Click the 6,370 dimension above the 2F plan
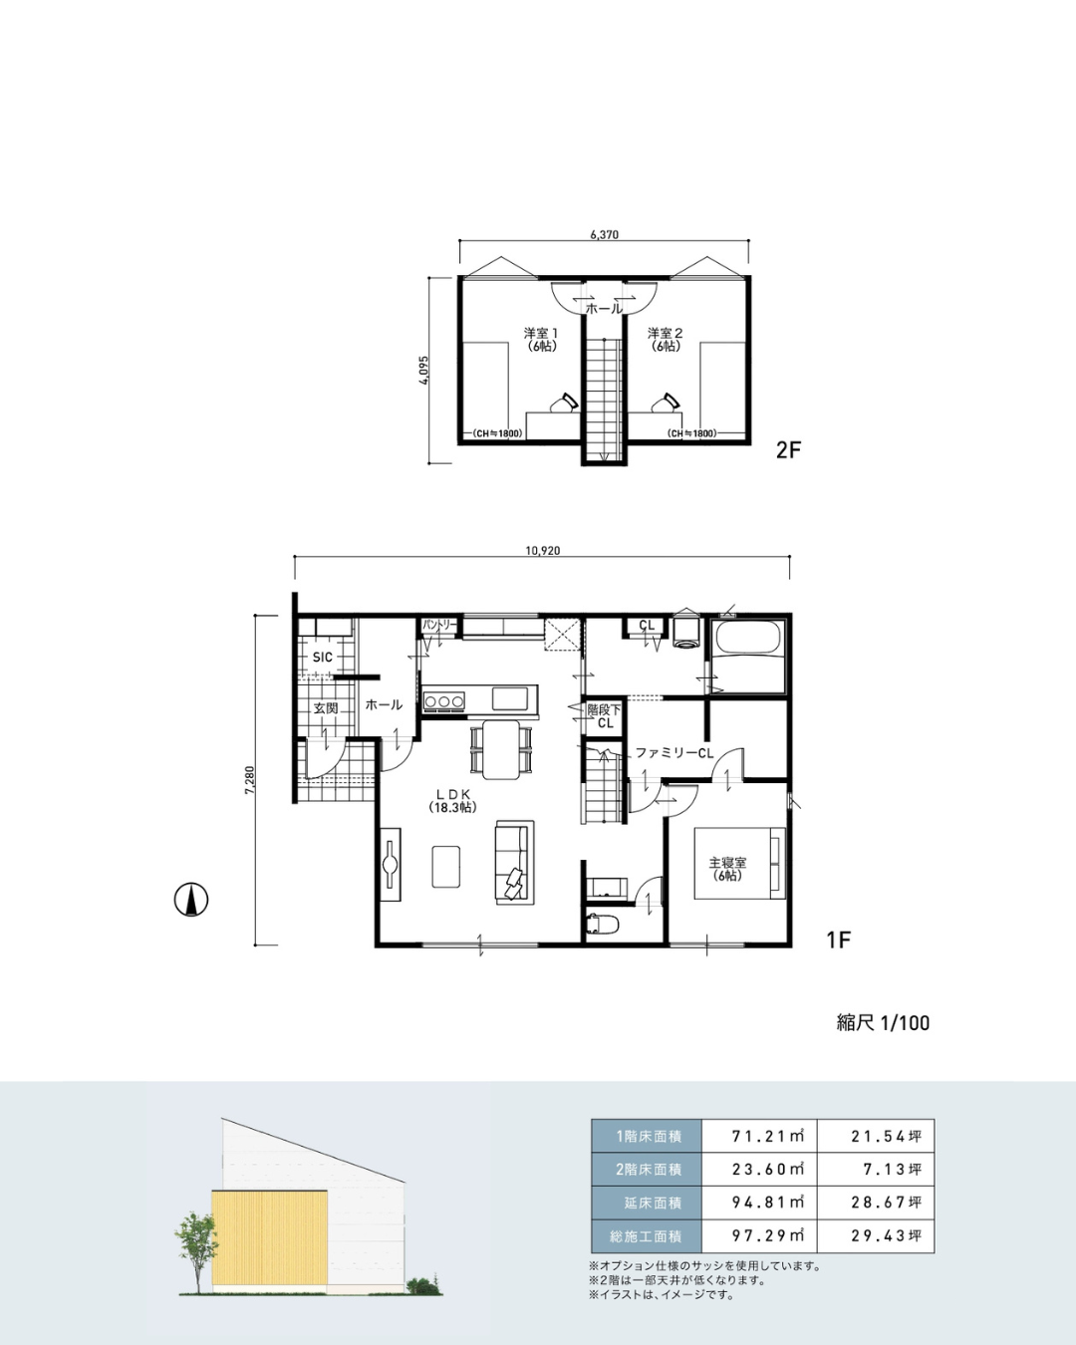[x=604, y=235]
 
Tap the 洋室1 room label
[x=541, y=333]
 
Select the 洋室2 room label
[x=666, y=333]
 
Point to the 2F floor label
[x=788, y=450]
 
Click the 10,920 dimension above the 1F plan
[x=543, y=551]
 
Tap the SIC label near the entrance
[x=323, y=657]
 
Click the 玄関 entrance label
[x=326, y=708]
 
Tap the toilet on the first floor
[x=603, y=924]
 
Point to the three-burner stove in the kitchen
[x=444, y=701]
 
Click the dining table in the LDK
[x=501, y=749]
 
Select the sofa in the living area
[x=515, y=862]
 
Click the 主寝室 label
[x=727, y=863]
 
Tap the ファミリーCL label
[x=674, y=753]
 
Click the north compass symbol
[x=191, y=900]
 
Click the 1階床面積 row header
[x=649, y=1136]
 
